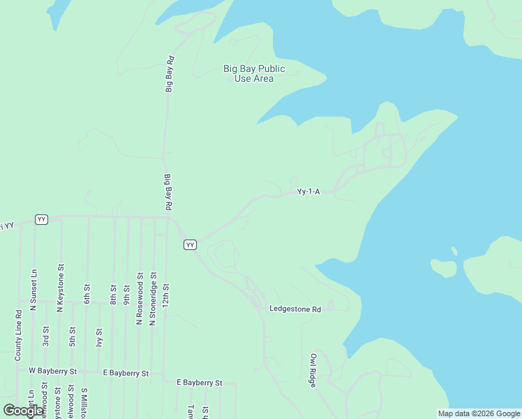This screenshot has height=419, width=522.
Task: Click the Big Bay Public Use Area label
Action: [x=254, y=73]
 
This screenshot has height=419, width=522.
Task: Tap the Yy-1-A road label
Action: [x=308, y=191]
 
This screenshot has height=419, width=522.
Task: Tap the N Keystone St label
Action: [x=61, y=287]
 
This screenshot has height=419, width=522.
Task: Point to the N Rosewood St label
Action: [x=140, y=298]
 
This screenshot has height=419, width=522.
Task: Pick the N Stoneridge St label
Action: [x=153, y=298]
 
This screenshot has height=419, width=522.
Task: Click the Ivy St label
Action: [x=100, y=338]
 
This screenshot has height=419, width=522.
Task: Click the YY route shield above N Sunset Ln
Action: [x=42, y=219]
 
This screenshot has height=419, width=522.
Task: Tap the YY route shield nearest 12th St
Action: [x=190, y=244]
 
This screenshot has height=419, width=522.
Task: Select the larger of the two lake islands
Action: [x=444, y=267]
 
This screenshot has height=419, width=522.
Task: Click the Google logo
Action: [x=24, y=411]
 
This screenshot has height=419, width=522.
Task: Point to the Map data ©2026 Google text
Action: [x=479, y=413]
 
